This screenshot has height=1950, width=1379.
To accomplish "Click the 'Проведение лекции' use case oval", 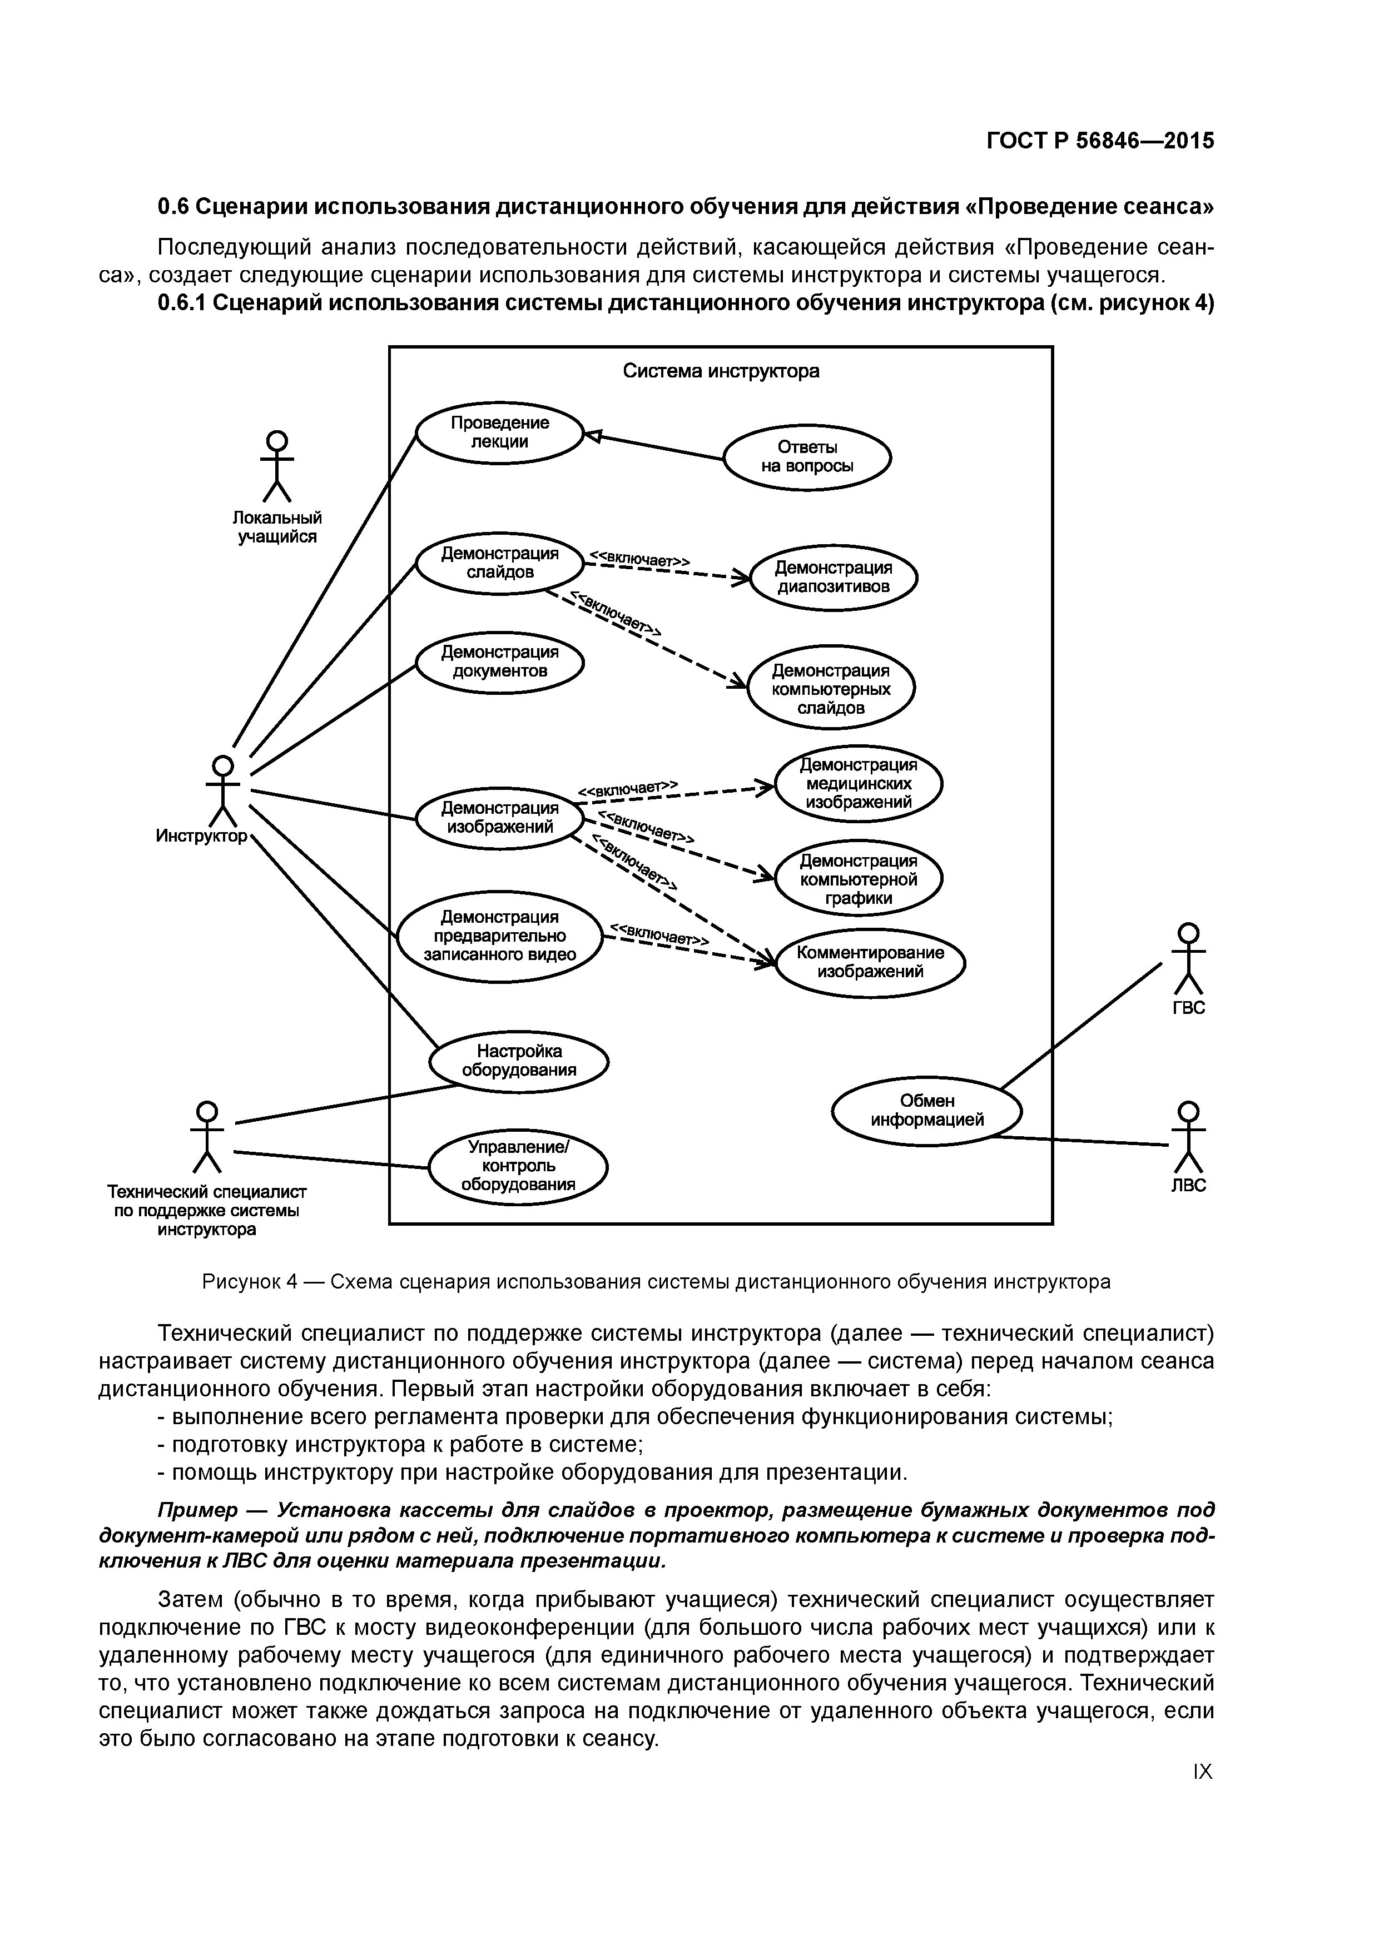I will click(499, 432).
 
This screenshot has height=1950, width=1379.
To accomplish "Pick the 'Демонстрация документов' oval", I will click(499, 661).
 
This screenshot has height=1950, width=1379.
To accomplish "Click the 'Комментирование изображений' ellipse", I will click(870, 962).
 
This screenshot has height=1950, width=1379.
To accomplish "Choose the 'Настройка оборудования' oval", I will click(518, 1061).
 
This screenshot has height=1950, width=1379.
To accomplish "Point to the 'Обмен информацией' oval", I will click(926, 1110).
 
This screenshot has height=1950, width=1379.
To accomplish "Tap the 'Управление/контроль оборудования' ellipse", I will click(518, 1167).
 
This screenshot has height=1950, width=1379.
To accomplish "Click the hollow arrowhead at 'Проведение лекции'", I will click(593, 436).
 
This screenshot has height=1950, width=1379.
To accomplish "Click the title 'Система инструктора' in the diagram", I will click(721, 371).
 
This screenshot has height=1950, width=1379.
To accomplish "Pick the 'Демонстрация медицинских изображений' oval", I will click(858, 783).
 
